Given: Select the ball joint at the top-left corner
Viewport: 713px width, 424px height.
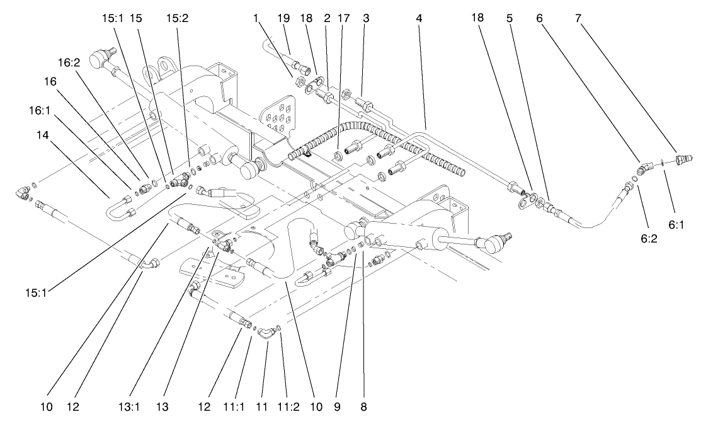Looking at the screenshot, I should pyautogui.click(x=100, y=60).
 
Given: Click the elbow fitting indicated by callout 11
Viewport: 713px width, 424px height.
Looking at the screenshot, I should pyautogui.click(x=265, y=333).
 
